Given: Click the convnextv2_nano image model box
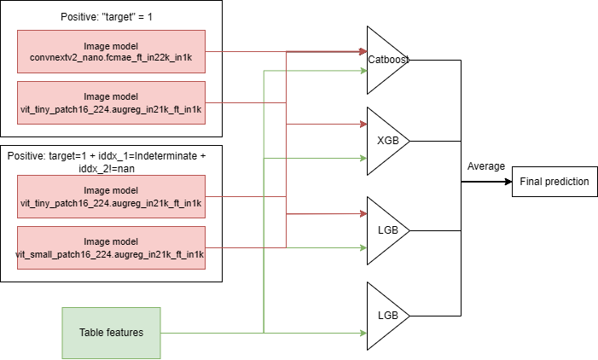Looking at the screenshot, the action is click(111, 51).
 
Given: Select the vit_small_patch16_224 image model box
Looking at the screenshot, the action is click(111, 248).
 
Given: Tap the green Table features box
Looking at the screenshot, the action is click(111, 333).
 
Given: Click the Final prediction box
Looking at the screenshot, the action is click(554, 182).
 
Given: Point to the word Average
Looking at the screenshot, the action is click(486, 166).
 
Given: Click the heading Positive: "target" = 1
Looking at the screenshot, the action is click(107, 17).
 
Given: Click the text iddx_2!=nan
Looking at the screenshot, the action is click(107, 169).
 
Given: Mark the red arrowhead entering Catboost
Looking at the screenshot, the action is click(363, 51).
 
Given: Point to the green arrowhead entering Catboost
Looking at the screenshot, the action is click(363, 71).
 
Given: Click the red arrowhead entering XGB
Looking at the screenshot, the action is click(363, 124).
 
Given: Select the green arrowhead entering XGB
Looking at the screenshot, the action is click(363, 159).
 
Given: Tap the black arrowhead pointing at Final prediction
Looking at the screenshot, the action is click(508, 182).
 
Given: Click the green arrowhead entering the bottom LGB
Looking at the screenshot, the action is click(363, 333).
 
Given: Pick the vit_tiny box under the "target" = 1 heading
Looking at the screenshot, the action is click(111, 102).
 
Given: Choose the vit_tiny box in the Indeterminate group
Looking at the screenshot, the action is click(111, 197).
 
